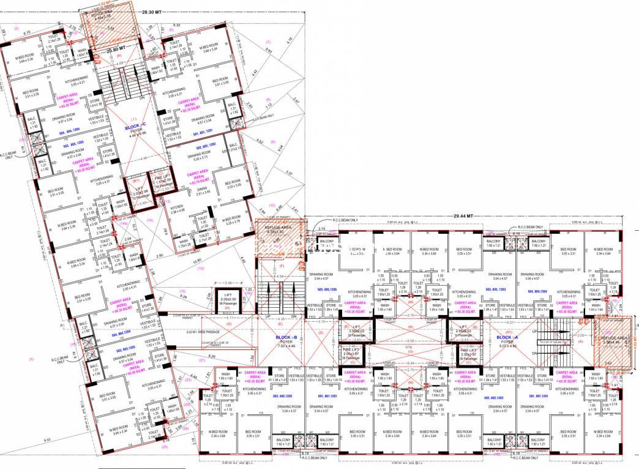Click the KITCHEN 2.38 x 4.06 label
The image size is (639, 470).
tap(177, 209)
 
